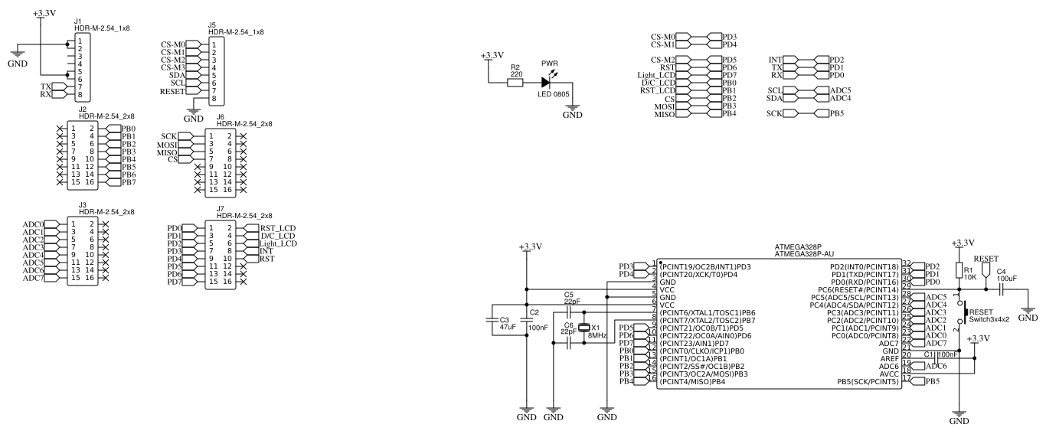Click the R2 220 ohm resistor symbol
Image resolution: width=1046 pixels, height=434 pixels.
[x=515, y=81]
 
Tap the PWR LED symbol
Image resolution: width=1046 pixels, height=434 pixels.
[x=547, y=81]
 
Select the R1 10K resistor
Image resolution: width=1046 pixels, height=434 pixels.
[x=959, y=270]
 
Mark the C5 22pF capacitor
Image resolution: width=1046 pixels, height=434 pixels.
[x=568, y=312]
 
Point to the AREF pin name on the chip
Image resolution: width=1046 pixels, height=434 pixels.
[x=889, y=358]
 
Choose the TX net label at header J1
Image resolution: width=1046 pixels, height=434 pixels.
[x=45, y=87]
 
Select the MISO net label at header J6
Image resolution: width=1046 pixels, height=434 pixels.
[x=166, y=152]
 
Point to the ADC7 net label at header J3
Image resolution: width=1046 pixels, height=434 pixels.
[x=32, y=278]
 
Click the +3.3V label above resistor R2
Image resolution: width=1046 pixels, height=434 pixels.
[x=492, y=55]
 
